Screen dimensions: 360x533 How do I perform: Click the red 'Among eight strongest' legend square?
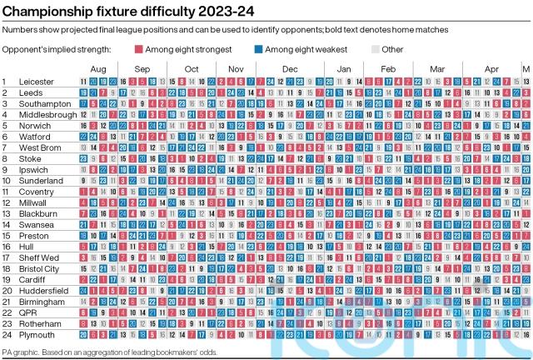pos(139,49)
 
